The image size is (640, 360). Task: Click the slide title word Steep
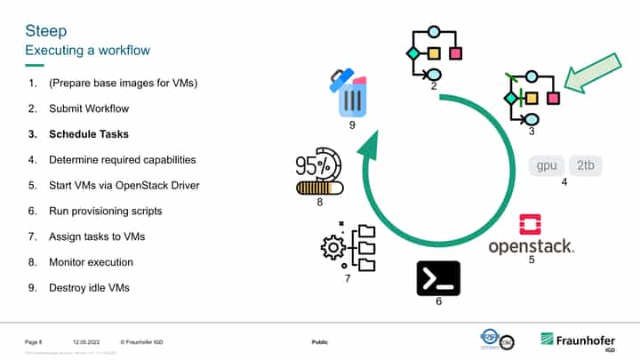(45, 32)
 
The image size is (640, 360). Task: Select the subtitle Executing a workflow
(87, 51)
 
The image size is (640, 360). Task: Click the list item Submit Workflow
(89, 108)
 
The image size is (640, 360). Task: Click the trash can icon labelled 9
(350, 93)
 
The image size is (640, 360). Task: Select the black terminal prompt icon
(438, 278)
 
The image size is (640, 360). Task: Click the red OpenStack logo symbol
(530, 223)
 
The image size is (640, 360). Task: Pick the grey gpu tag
(547, 165)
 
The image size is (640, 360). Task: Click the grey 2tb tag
(586, 165)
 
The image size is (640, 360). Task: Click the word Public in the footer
(320, 342)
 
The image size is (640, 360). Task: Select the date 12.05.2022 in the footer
(84, 342)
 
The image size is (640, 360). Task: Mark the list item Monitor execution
(92, 262)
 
